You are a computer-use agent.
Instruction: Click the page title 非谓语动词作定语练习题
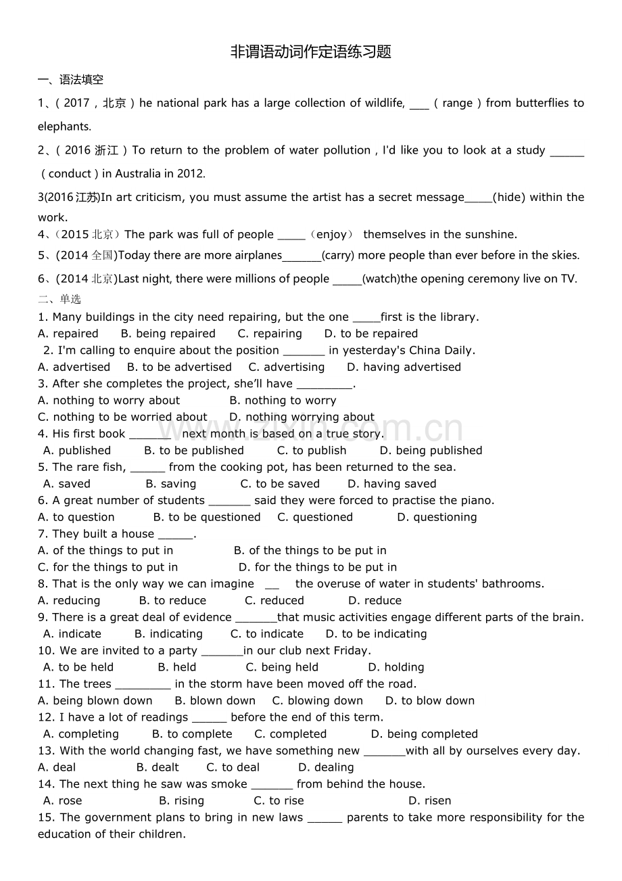[x=311, y=52]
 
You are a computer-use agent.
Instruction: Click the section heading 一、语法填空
[x=70, y=80]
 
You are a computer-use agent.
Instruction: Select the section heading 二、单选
[x=59, y=299]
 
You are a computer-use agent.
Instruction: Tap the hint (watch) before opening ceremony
[x=381, y=278]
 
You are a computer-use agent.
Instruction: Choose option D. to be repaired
[x=371, y=334]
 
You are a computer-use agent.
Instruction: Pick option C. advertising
[x=287, y=367]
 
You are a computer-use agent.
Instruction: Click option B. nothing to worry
[x=283, y=401]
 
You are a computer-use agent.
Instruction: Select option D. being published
[x=431, y=451]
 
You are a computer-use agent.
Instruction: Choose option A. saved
[x=66, y=484]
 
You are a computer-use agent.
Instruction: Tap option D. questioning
[x=437, y=517]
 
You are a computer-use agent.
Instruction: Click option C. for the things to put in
[x=108, y=567]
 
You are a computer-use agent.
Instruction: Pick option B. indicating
[x=168, y=634]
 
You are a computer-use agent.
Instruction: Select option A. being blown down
[x=95, y=700]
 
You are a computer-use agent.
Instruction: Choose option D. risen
[x=429, y=800]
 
